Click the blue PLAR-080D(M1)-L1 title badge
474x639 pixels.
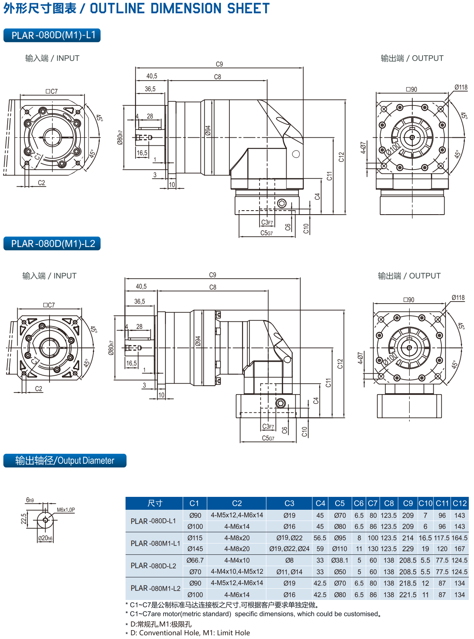52,35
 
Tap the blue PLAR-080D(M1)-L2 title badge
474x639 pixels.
52,244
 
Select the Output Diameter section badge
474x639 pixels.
65,460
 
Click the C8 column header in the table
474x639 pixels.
388,503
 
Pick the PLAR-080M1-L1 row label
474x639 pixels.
155,543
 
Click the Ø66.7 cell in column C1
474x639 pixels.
195,560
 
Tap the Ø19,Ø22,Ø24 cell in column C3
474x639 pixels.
289,548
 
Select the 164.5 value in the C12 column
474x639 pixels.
460,538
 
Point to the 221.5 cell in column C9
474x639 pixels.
408,594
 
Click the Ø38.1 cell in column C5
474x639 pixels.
340,560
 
